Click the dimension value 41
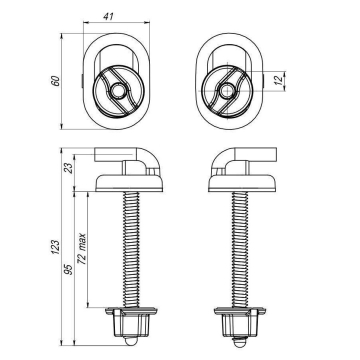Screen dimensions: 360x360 coord(107,17)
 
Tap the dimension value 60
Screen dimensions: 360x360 coord(56,81)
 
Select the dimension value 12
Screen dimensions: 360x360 coord(279,79)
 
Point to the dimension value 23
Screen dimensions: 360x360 coord(68,168)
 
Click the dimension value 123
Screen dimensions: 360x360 coord(56,247)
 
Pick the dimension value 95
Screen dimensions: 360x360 coord(68,269)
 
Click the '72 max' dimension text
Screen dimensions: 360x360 coord(82,249)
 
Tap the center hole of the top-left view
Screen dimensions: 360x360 coord(117,91)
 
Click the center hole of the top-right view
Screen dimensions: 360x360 coord(227,91)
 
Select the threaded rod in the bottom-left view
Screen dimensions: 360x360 coord(131,250)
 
